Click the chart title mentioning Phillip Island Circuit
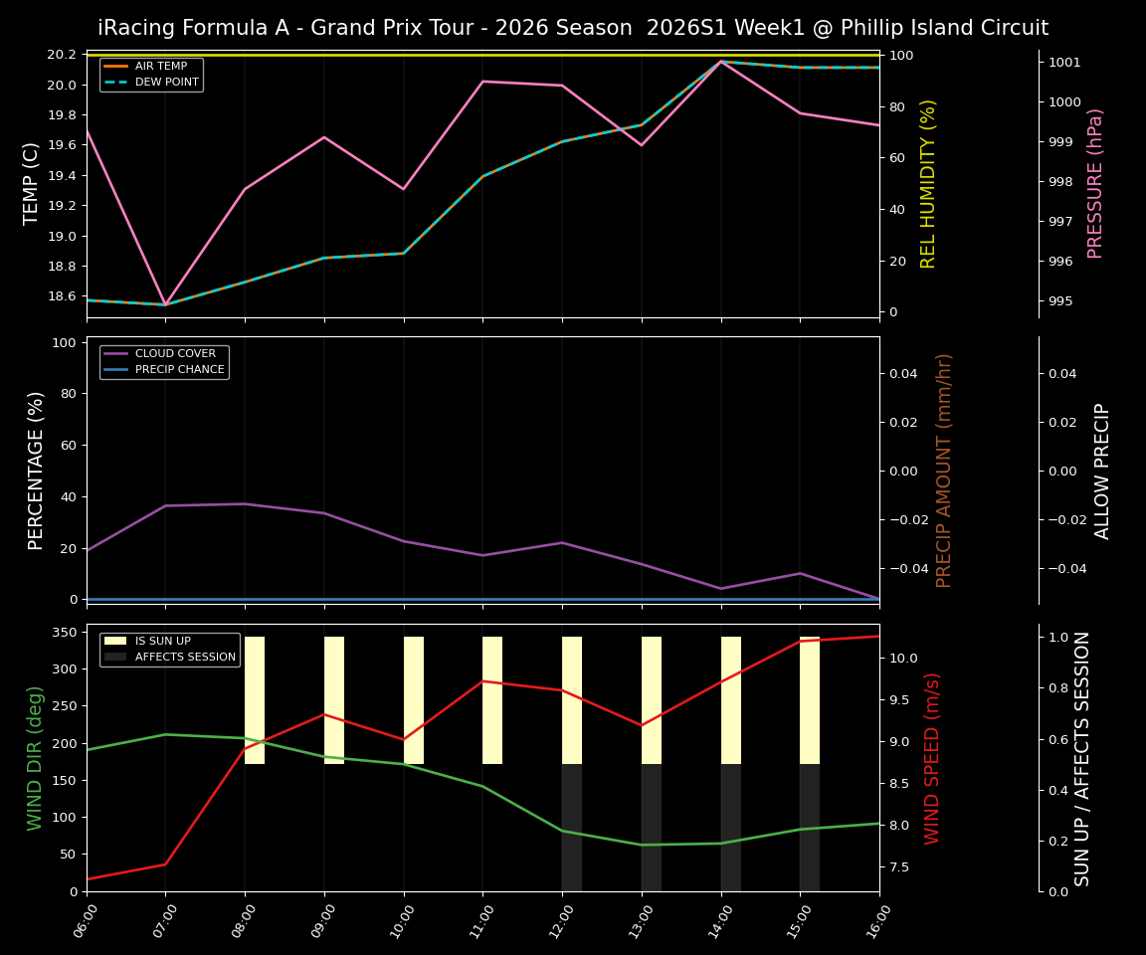click(573, 28)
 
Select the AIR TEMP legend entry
click(160, 67)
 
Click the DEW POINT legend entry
click(166, 82)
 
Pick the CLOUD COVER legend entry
click(167, 353)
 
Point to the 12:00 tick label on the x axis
click(563, 920)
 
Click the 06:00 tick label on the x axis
click(88, 920)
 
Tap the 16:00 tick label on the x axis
click(879, 920)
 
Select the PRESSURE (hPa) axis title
click(1095, 183)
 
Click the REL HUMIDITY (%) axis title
click(928, 183)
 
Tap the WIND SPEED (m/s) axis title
click(932, 758)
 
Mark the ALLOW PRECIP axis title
click(1102, 471)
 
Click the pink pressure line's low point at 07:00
click(165, 304)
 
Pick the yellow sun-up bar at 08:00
click(255, 700)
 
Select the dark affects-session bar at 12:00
click(572, 828)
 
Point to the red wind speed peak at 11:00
click(482, 681)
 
